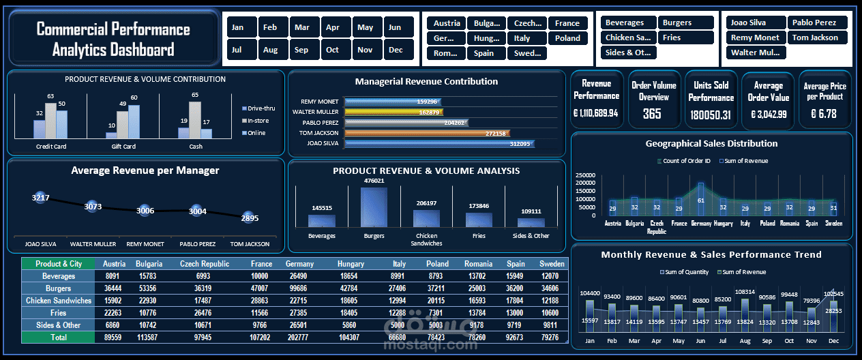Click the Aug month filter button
tap(270, 50)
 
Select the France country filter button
tap(567, 23)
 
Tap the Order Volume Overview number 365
tap(653, 114)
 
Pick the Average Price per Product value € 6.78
tap(824, 114)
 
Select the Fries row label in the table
tap(58, 313)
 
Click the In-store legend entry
tap(257, 121)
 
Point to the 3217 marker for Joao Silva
tap(40, 198)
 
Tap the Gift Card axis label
tap(123, 147)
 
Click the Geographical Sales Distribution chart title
tap(711, 144)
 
